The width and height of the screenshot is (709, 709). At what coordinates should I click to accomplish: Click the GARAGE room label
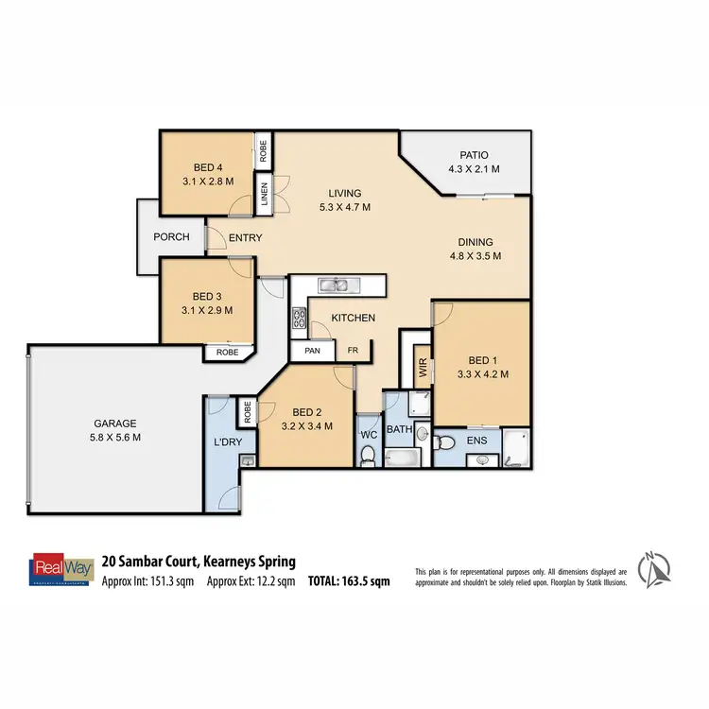pyautogui.click(x=114, y=423)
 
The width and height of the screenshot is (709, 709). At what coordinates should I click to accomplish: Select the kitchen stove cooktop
pyautogui.click(x=301, y=320)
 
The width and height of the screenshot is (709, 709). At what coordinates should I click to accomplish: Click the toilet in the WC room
pyautogui.click(x=369, y=456)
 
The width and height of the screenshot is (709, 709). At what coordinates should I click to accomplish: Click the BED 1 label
pyautogui.click(x=479, y=359)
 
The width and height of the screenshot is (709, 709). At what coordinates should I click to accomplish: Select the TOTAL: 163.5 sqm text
pyautogui.click(x=349, y=582)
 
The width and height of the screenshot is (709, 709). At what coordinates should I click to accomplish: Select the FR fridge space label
pyautogui.click(x=353, y=352)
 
